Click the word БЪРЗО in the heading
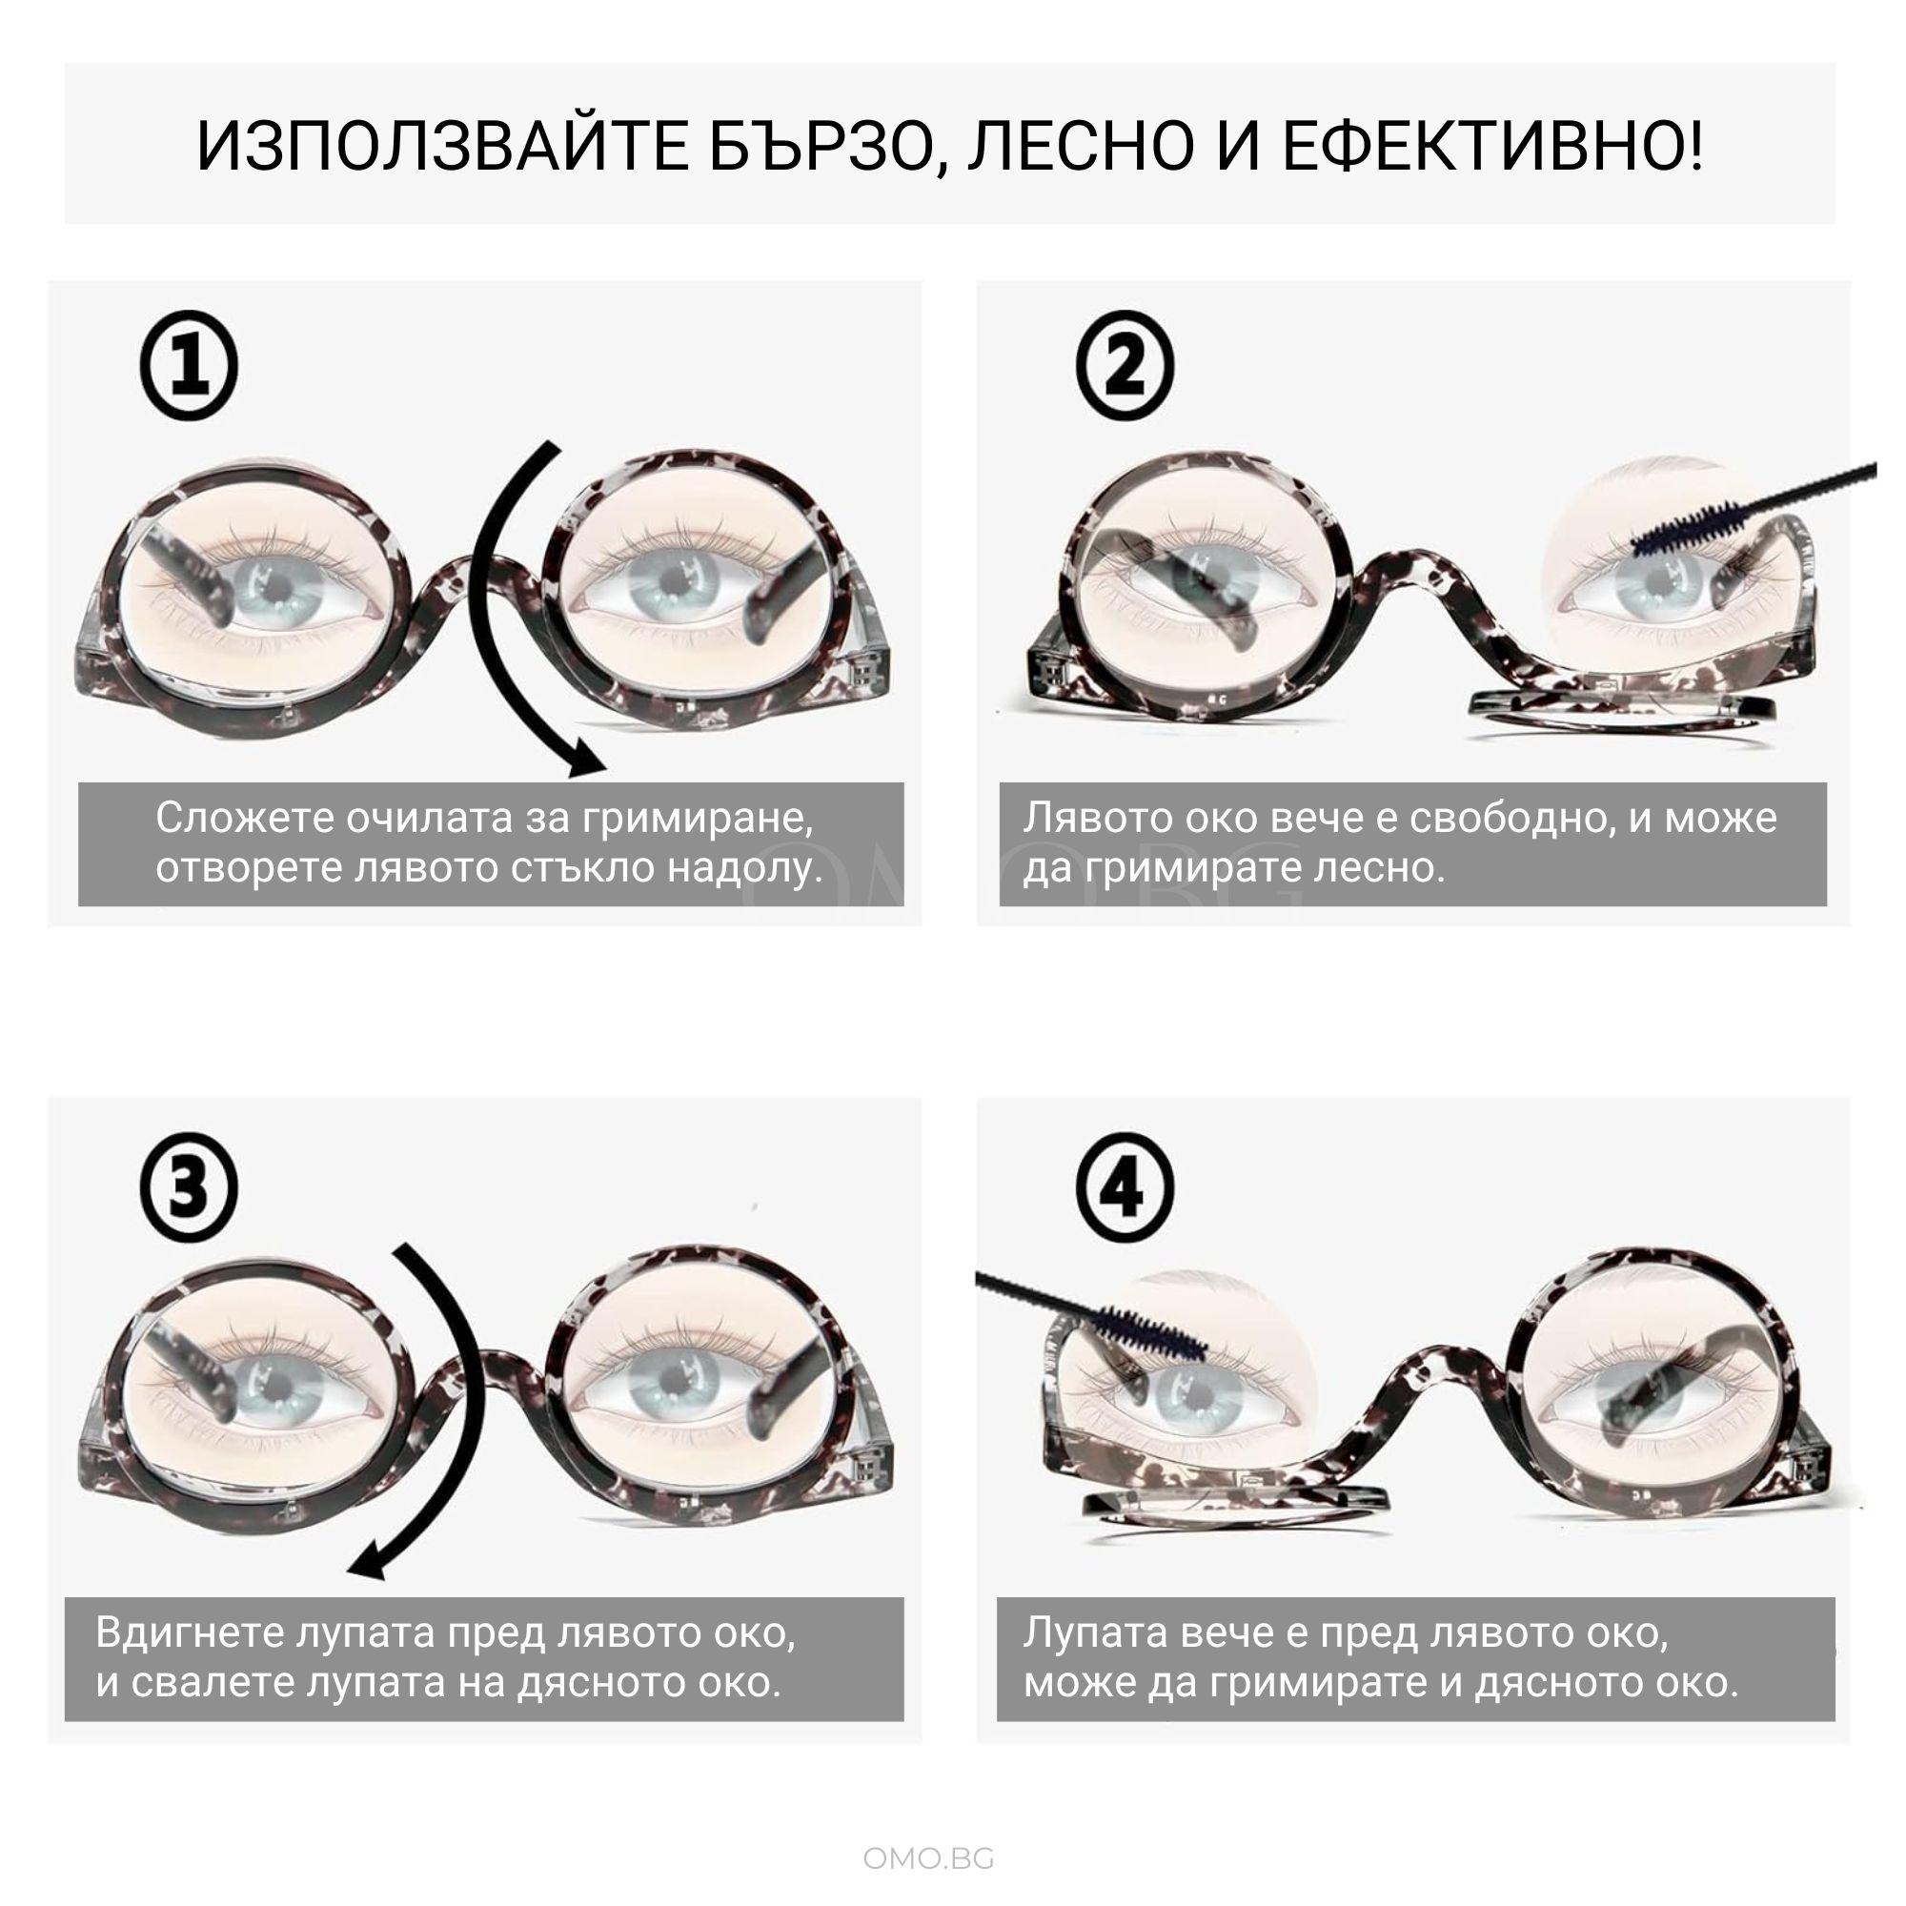pos(823,148)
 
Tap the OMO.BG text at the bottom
pos(928,1858)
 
